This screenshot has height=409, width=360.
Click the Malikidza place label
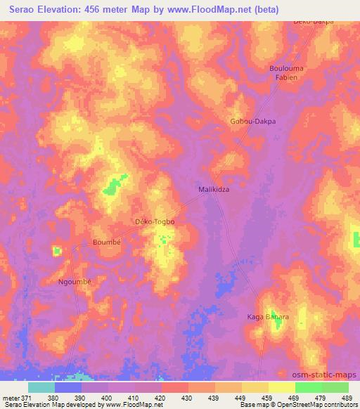coord(212,190)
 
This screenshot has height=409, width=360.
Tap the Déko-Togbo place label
coord(154,222)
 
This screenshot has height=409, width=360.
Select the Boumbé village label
coord(107,242)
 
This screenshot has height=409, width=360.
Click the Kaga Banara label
coord(267,317)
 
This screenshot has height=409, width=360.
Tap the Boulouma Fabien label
coord(284,72)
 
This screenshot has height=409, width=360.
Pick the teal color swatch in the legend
coord(41,387)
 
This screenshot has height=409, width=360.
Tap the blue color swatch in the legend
coord(68,387)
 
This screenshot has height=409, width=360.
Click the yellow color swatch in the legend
coord(282,387)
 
